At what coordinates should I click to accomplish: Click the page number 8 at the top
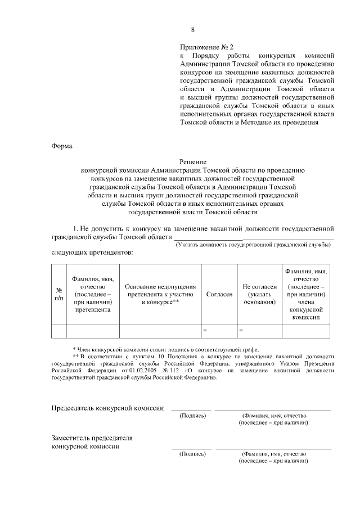(x=192, y=30)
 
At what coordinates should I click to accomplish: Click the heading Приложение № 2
(x=206, y=47)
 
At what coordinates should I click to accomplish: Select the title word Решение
(x=193, y=161)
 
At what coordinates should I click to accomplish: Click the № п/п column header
(x=58, y=293)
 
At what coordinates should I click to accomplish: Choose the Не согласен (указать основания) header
(x=259, y=294)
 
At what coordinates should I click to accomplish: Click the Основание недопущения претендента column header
(x=160, y=294)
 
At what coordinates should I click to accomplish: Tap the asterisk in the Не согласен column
(x=241, y=331)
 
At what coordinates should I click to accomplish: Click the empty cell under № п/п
(x=58, y=331)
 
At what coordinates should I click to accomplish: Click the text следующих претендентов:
(x=93, y=253)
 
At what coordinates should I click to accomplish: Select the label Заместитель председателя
(x=92, y=437)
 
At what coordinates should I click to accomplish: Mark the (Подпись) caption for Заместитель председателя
(x=192, y=453)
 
